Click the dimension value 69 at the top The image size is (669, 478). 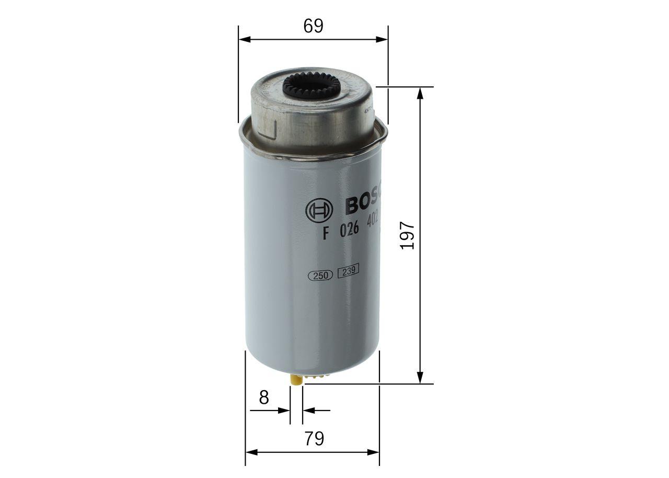(314, 26)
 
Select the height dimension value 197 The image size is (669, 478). (408, 235)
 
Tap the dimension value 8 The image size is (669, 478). (264, 397)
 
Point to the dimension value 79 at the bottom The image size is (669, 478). (314, 439)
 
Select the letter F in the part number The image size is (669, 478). (326, 234)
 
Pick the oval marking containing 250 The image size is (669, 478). (321, 277)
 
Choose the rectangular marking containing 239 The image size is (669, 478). (348, 272)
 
